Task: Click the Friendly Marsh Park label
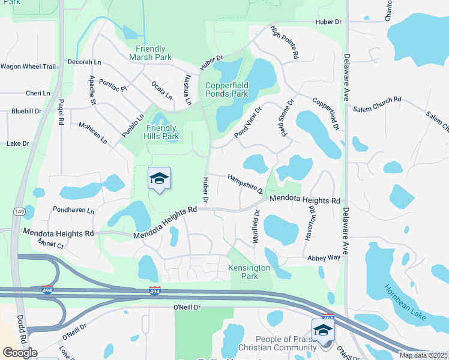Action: tap(150, 53)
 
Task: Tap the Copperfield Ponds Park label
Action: tap(226, 89)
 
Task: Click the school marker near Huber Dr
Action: tap(159, 178)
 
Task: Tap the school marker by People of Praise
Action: tap(323, 330)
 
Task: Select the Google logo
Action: tap(20, 353)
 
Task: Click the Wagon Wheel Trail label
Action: tap(28, 66)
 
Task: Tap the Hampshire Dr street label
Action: tap(245, 184)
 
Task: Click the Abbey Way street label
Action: tap(324, 257)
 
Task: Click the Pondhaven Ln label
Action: tap(73, 211)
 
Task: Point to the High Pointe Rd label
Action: tap(285, 41)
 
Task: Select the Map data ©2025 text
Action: tap(423, 355)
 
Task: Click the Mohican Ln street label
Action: tap(92, 133)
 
